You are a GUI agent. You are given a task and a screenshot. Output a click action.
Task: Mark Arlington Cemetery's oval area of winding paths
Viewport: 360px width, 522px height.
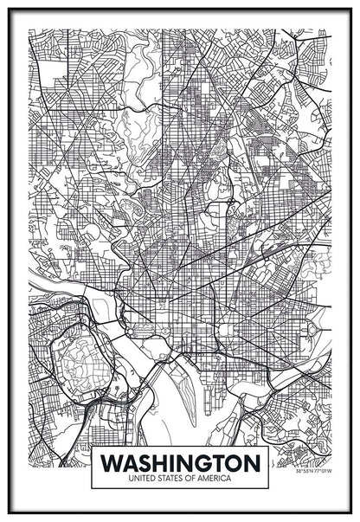74,359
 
